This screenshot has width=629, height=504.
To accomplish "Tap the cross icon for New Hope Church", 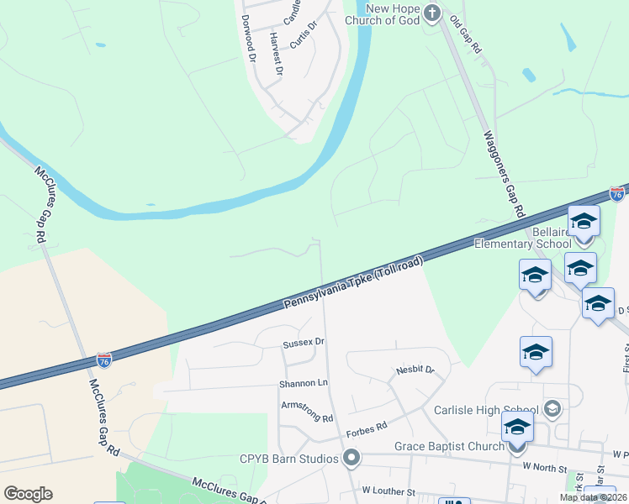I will (x=432, y=13).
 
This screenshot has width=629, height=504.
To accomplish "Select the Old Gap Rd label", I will (x=465, y=35).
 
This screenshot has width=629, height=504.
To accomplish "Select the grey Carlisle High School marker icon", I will (x=552, y=409).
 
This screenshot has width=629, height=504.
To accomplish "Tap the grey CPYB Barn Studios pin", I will (x=352, y=458).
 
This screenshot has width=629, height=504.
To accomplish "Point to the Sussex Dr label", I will (x=304, y=343).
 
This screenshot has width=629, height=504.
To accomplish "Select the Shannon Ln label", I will (x=304, y=383).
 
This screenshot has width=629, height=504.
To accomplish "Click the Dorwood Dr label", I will (x=247, y=39).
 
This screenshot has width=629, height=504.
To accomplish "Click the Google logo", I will (x=29, y=493).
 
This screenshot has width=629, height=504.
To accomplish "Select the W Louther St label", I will (x=388, y=491).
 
